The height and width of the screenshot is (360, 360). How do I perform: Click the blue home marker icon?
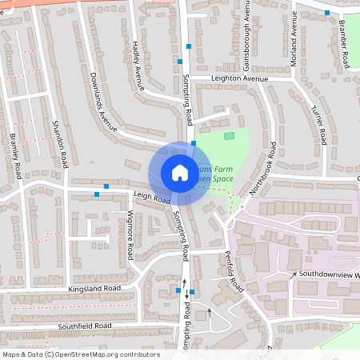179,172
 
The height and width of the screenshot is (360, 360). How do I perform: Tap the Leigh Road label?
153,196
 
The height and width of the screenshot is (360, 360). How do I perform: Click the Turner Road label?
318,123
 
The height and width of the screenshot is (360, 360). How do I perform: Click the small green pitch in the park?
230,136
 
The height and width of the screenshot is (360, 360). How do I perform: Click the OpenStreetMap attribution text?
81,354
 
